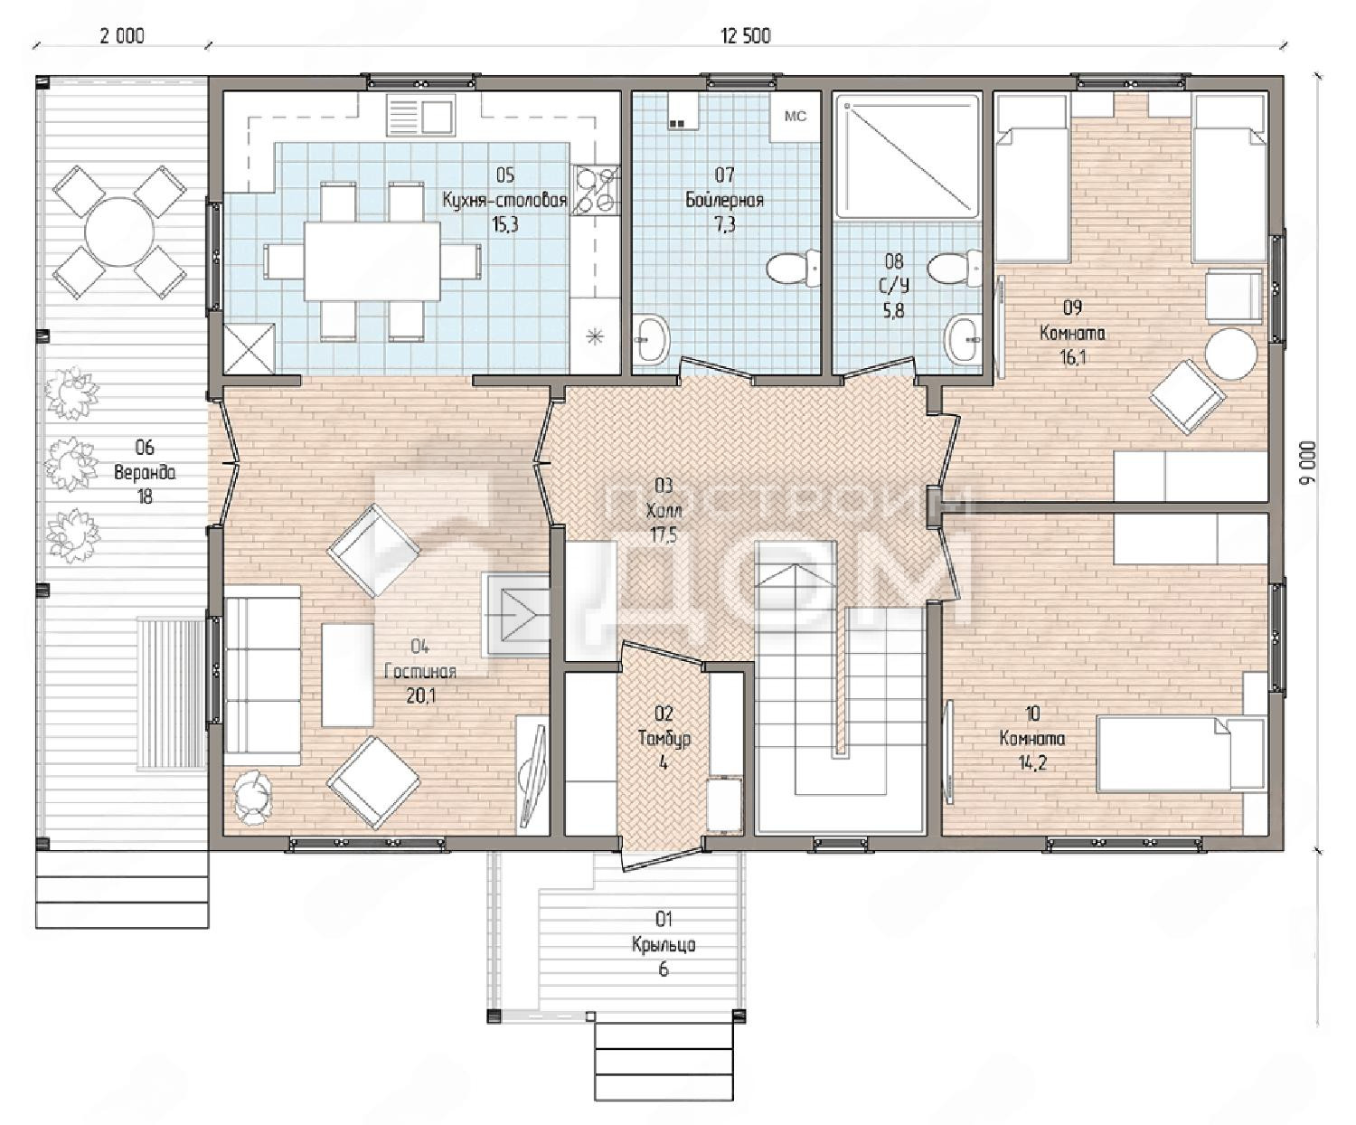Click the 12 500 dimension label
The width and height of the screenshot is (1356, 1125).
[746, 36]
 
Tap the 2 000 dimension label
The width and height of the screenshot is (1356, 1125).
[122, 36]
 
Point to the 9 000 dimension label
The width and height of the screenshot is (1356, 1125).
[1308, 462]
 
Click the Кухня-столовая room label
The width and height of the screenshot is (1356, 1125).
[504, 200]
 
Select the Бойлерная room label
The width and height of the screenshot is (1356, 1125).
[725, 200]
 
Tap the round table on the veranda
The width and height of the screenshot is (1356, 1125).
[119, 232]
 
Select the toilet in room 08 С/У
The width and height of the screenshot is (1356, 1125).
[955, 268]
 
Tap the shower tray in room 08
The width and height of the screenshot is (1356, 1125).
[908, 156]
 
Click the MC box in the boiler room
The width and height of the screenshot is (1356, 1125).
[796, 117]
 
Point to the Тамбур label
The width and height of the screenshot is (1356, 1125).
[664, 739]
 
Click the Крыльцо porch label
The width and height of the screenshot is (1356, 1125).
[664, 944]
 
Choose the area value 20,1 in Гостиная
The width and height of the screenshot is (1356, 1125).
[421, 695]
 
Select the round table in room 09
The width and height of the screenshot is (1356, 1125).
[1230, 355]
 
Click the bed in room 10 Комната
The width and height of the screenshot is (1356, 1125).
[1182, 753]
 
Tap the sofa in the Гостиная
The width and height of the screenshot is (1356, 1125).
[262, 676]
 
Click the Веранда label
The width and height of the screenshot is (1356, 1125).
[144, 472]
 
